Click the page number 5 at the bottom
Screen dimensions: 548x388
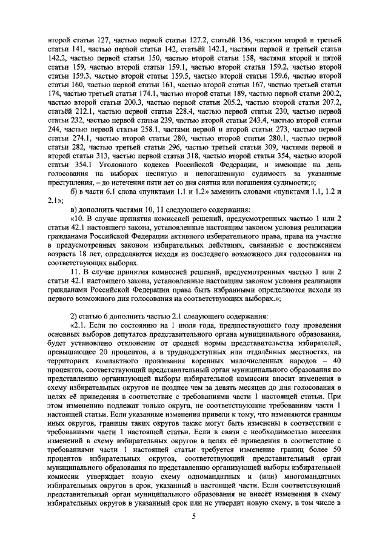(x=194, y=515)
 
